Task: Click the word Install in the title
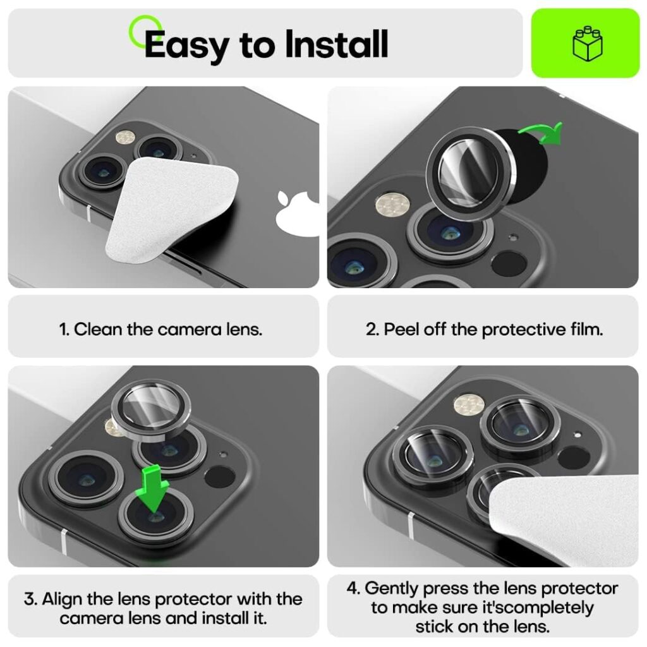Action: pos(336,44)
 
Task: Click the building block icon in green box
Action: pos(586,43)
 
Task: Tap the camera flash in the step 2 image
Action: pos(392,205)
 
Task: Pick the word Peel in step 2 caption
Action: pos(401,329)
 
